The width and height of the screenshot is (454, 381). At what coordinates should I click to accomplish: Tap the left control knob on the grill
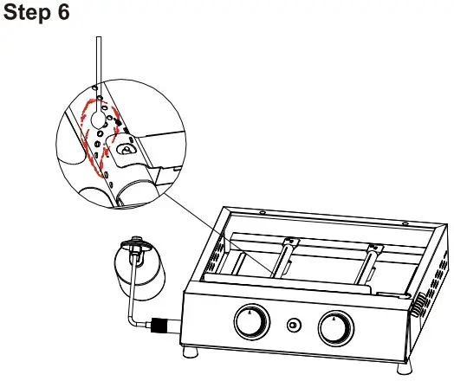tap(250, 323)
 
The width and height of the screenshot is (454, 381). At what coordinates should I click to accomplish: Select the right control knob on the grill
tap(334, 327)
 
